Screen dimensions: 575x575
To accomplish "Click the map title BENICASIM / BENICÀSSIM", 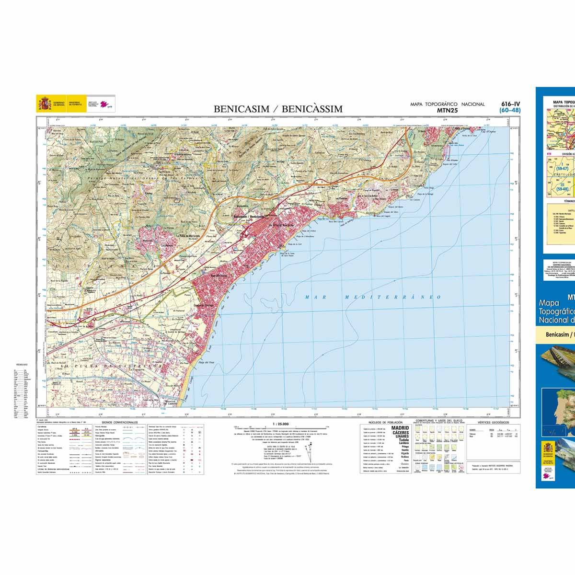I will click(278, 109).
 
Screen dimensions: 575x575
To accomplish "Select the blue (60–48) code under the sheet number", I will click(510, 110).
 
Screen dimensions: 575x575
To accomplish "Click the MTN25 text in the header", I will click(447, 110).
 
